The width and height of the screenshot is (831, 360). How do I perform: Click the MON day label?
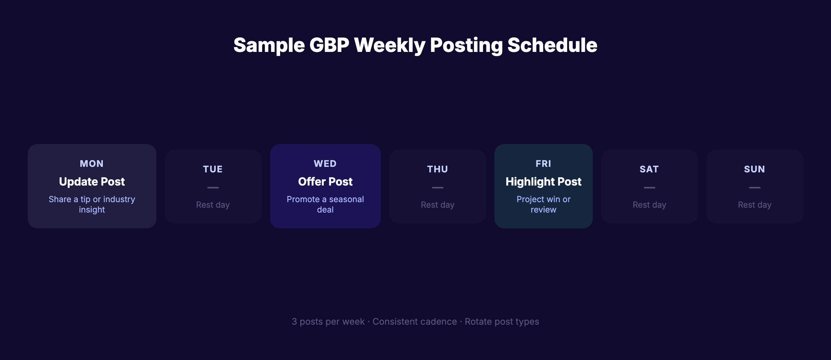click(x=92, y=164)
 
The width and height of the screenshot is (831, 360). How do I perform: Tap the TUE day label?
click(x=213, y=169)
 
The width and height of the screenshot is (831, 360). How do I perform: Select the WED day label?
click(x=325, y=164)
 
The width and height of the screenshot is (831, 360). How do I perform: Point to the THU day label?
click(x=438, y=169)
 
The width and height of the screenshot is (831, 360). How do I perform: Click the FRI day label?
click(x=543, y=164)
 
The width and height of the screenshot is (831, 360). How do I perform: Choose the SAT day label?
click(x=649, y=169)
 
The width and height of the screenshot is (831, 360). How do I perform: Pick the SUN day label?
click(x=754, y=169)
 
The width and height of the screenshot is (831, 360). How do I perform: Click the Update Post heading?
click(x=92, y=182)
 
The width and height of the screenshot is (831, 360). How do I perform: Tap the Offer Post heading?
click(x=325, y=182)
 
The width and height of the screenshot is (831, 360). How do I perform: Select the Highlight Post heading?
click(x=543, y=182)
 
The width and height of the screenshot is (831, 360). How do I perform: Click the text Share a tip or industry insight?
click(x=92, y=204)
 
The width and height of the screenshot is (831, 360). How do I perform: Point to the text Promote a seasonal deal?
click(x=325, y=204)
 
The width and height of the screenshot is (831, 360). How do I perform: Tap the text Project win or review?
click(x=543, y=204)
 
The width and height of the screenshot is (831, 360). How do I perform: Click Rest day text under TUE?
click(x=213, y=205)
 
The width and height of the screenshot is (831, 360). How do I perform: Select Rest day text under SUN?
click(x=754, y=205)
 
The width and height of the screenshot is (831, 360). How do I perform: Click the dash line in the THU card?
click(x=438, y=188)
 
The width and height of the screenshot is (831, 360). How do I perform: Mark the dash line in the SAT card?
click(x=649, y=188)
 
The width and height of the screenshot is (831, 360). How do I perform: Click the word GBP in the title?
click(x=329, y=45)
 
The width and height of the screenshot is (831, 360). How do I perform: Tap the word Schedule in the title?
click(x=552, y=45)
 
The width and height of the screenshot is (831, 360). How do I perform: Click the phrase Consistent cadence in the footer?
click(x=414, y=322)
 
